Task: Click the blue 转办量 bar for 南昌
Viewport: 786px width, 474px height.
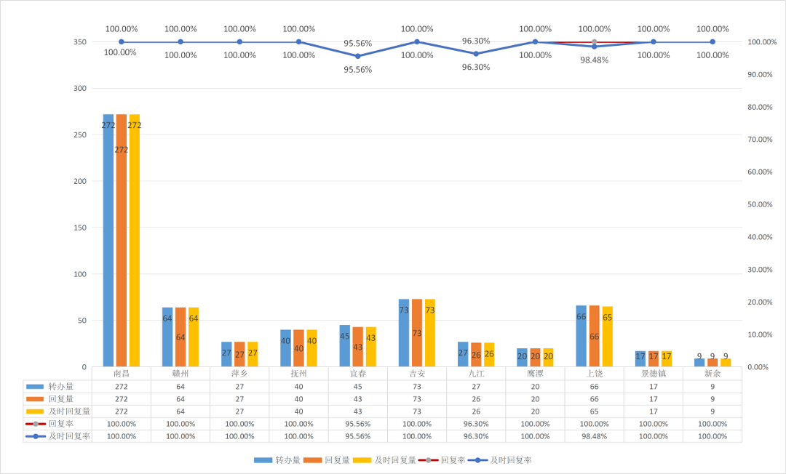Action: click(x=108, y=240)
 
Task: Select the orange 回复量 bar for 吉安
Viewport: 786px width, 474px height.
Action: click(x=417, y=333)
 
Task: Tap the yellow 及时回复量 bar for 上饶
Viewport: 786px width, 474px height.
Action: click(x=608, y=337)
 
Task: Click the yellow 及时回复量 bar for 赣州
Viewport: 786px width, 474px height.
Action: click(x=194, y=337)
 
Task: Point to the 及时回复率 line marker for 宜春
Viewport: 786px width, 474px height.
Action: click(x=358, y=56)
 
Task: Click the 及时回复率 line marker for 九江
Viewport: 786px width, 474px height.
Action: click(x=476, y=54)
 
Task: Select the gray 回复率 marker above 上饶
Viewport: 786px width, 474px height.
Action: click(x=595, y=42)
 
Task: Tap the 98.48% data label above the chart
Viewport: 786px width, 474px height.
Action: click(x=595, y=60)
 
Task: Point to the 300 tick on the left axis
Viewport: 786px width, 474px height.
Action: click(x=80, y=88)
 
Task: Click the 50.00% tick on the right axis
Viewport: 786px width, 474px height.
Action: click(x=760, y=204)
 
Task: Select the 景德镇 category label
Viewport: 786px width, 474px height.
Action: click(x=654, y=374)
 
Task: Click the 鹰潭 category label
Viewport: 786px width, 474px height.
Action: click(x=536, y=374)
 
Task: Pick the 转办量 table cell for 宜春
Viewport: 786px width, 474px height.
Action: click(x=358, y=387)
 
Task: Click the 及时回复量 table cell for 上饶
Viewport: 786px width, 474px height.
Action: click(x=595, y=411)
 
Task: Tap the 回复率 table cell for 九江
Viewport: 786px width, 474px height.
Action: click(x=476, y=424)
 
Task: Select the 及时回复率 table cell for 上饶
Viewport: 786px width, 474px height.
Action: click(x=595, y=436)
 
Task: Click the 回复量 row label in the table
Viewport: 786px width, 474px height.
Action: click(x=61, y=399)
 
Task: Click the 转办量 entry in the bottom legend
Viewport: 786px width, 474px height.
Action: click(x=277, y=460)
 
